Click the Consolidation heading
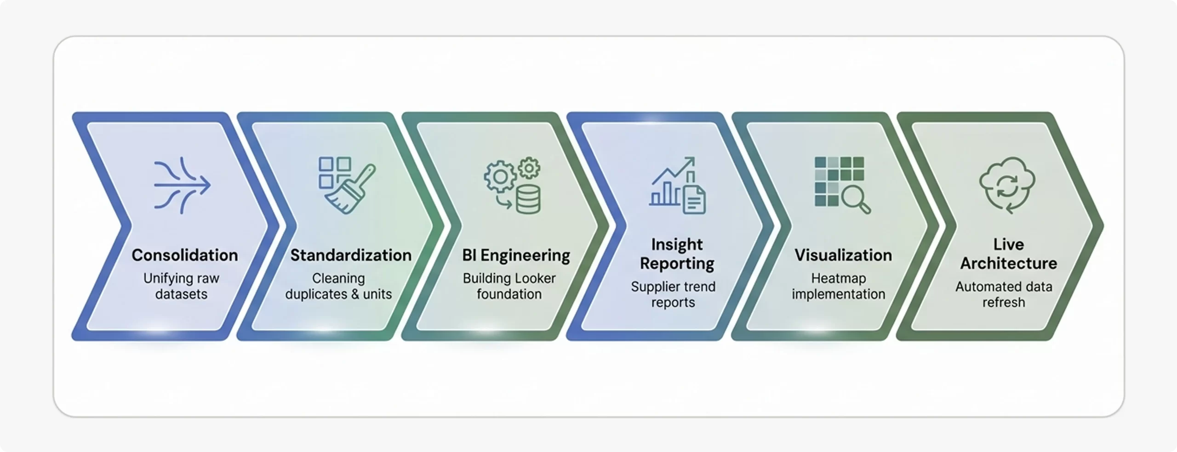coord(184,255)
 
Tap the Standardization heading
coord(351,255)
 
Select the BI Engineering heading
coord(516,255)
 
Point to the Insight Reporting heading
coord(677,254)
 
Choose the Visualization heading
coord(843,255)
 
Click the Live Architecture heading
coord(1008,254)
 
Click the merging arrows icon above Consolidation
coord(182,185)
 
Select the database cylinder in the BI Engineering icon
coord(528,199)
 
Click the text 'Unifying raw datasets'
coord(181,286)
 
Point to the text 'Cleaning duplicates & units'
coord(338,286)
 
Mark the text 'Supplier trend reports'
coord(673,294)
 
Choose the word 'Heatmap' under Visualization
coord(838,278)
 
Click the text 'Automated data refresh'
coord(1004,294)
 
